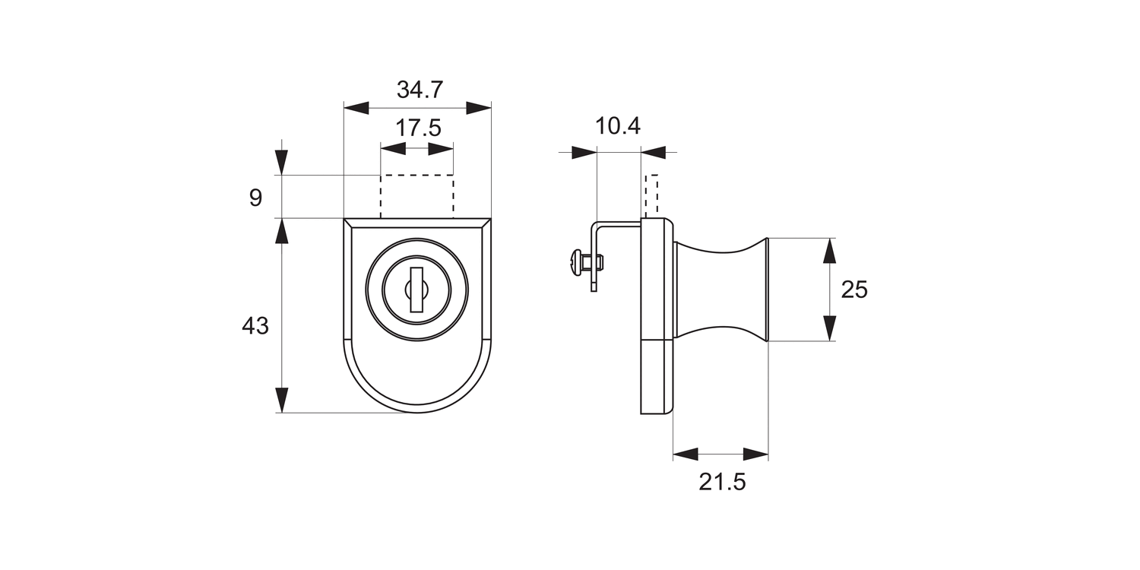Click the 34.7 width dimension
[420, 90]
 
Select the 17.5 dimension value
[418, 128]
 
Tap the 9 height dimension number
[255, 198]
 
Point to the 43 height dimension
[255, 327]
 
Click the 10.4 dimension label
[618, 127]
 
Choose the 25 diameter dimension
[854, 290]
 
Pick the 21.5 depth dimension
[723, 482]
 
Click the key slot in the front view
[416, 290]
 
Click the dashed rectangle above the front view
[416, 196]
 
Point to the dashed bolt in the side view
[651, 195]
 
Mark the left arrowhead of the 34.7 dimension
[356, 108]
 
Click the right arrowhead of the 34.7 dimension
[478, 108]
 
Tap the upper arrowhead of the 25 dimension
[830, 251]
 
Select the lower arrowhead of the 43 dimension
[282, 400]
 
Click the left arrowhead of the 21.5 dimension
[686, 454]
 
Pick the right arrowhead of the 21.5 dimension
[755, 454]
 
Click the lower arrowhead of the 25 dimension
[830, 328]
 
